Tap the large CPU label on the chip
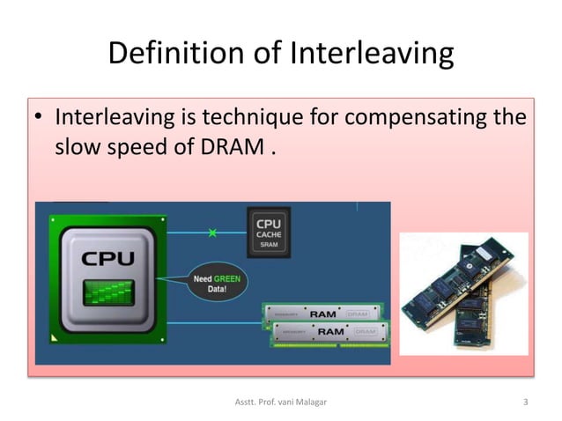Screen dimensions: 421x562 point(108,259)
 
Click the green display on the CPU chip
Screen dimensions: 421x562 point(108,292)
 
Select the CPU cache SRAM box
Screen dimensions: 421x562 point(268,232)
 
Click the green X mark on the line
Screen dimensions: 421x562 point(211,233)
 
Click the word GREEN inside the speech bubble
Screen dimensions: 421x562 point(227,278)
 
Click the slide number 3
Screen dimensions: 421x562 point(525,403)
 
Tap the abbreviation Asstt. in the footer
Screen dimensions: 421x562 point(246,403)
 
